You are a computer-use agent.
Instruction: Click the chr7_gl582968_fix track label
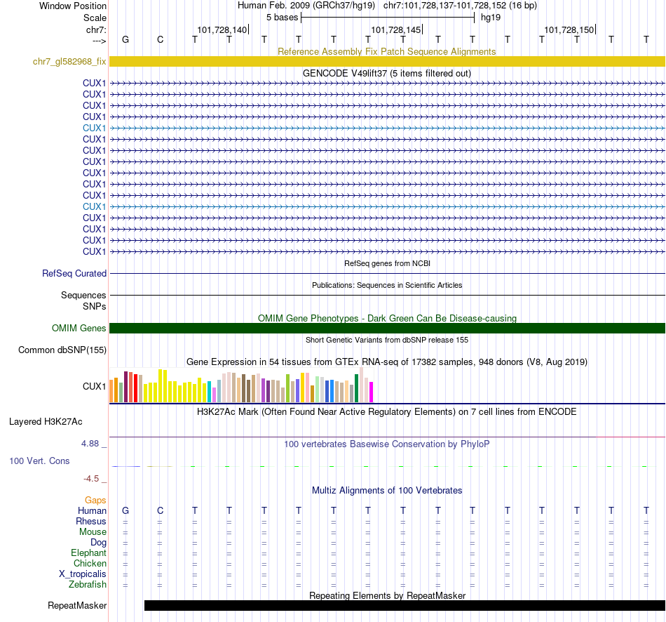(69, 62)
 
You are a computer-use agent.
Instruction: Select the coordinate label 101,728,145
(396, 30)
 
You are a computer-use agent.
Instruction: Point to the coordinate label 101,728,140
(222, 30)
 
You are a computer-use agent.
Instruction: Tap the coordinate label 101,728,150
(569, 30)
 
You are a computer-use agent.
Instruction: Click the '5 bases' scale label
(282, 17)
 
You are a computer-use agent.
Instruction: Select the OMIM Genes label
(79, 329)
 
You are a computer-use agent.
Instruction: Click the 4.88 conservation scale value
(91, 444)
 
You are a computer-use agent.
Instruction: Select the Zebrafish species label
(88, 585)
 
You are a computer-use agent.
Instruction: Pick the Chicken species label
(90, 564)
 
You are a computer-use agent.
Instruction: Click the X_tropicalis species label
(83, 574)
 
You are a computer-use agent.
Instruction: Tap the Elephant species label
(88, 553)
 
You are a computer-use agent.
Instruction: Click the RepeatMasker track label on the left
(77, 605)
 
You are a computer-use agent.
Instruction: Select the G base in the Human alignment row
(125, 510)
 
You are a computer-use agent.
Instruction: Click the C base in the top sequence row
(160, 39)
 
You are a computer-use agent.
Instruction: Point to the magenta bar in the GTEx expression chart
(371, 392)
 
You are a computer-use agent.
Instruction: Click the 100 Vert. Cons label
(39, 461)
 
